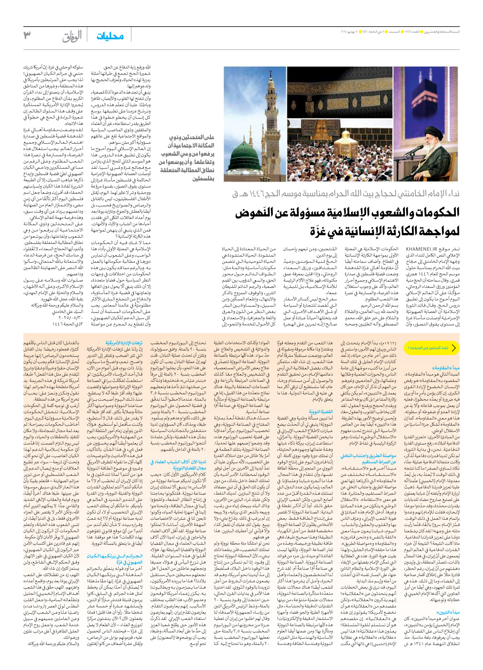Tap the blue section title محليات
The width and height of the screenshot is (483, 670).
[x=110, y=36]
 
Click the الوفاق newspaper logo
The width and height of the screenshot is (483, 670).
[x=72, y=36]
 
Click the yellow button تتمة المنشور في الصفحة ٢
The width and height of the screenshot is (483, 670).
[x=431, y=348]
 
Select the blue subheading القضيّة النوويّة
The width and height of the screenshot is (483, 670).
[x=321, y=412]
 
